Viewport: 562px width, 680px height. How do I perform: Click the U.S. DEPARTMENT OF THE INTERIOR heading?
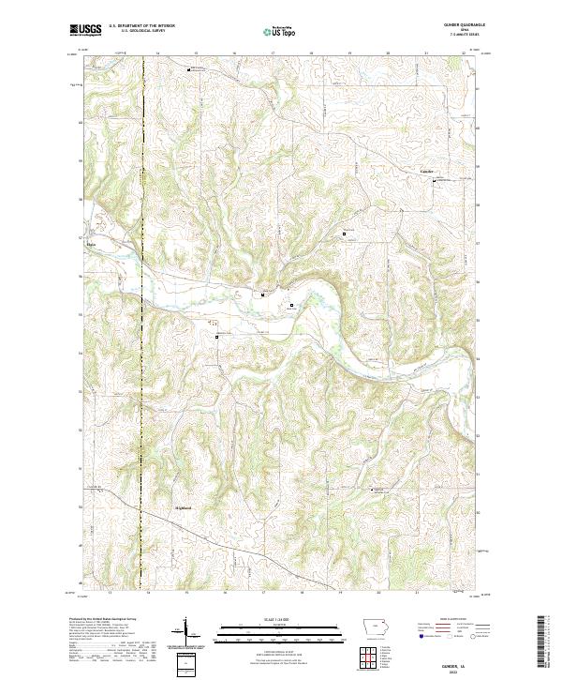tap(141, 25)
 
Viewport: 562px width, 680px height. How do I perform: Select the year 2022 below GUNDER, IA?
tap(456, 671)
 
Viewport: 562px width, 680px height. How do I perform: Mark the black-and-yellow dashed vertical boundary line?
tap(143, 281)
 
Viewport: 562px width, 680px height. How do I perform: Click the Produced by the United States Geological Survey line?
tap(94, 620)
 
